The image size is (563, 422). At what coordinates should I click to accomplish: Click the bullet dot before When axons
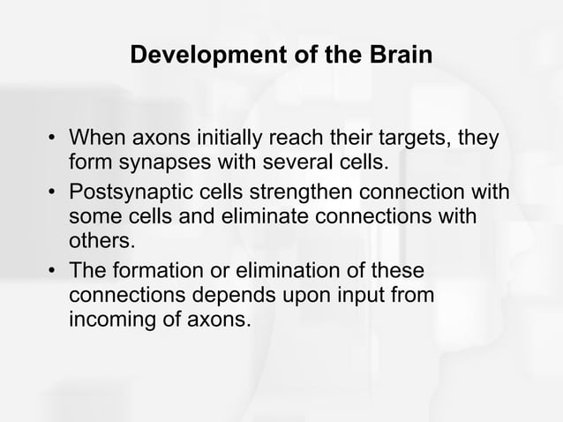pos(52,140)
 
